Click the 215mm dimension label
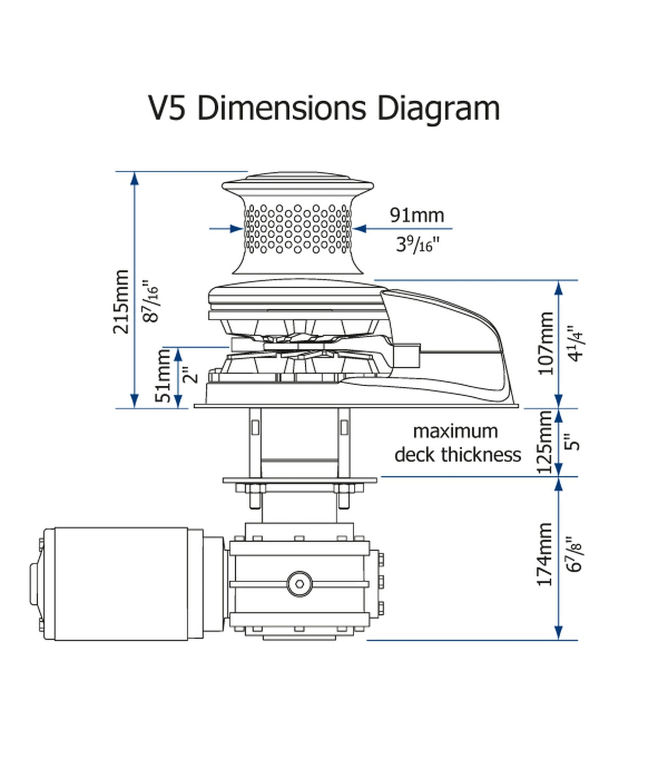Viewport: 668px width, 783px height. click(121, 302)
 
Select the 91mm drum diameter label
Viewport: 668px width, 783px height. click(417, 215)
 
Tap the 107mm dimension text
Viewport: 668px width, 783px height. click(545, 343)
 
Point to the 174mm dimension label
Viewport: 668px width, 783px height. click(544, 554)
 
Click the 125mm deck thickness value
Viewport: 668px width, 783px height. click(545, 442)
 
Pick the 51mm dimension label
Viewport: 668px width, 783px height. click(164, 375)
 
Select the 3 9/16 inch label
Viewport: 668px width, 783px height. click(418, 243)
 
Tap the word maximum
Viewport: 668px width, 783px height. click(455, 431)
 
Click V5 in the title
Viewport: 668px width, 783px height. click(167, 107)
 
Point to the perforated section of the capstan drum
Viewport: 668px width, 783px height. click(297, 229)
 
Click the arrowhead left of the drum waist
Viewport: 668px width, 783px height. click(237, 228)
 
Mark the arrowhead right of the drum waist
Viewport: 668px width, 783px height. click(359, 228)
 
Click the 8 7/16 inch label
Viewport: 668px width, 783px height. click(150, 302)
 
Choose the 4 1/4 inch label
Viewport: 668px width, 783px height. click(575, 343)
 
